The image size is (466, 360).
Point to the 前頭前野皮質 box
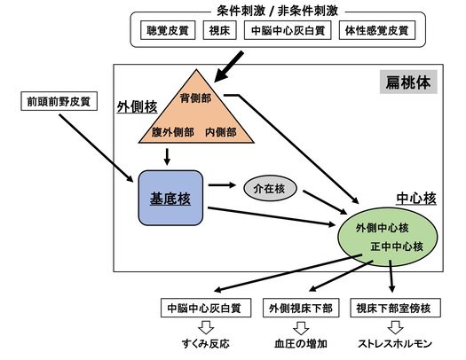59,101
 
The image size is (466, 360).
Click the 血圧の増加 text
301,343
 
